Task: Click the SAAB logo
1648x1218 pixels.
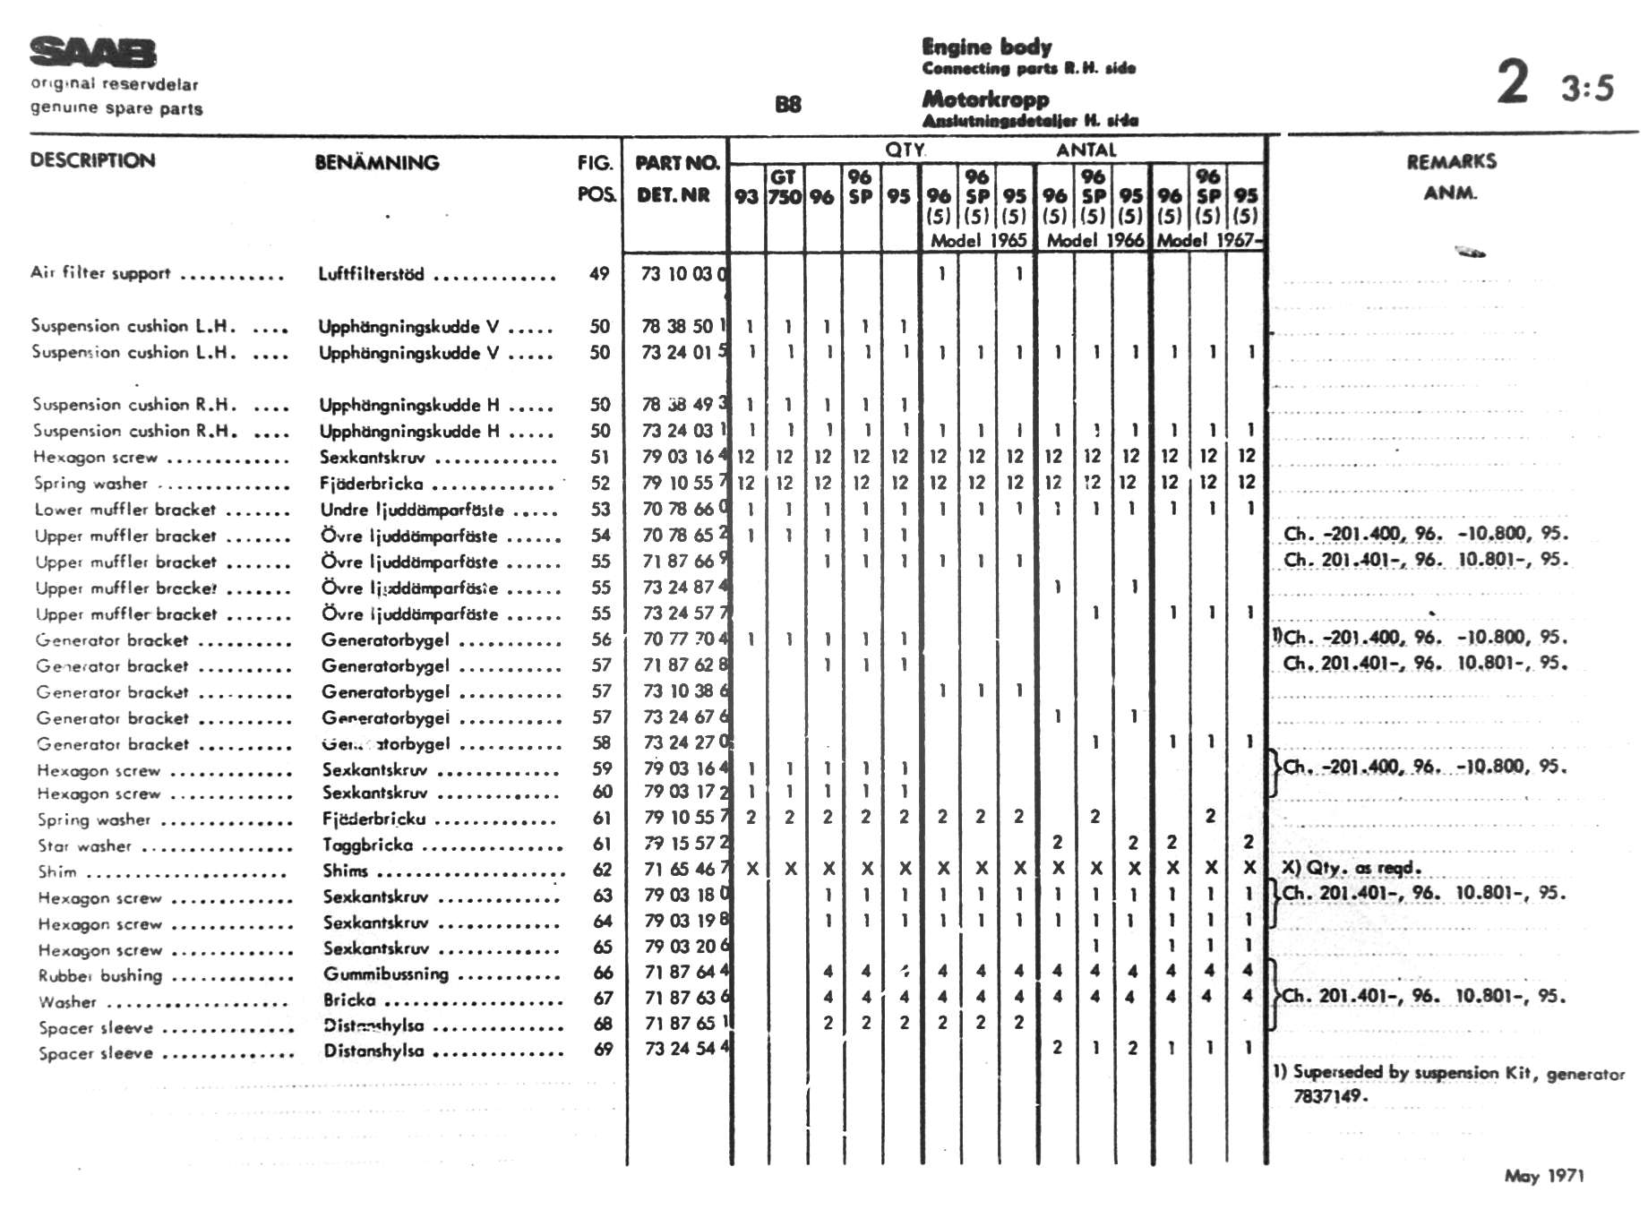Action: tap(92, 52)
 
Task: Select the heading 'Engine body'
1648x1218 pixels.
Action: tap(986, 47)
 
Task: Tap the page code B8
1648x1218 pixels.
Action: tap(787, 105)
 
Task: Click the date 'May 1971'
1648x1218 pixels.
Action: tap(1544, 1176)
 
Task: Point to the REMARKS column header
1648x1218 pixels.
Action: tap(1451, 162)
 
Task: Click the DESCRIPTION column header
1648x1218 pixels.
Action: tap(92, 161)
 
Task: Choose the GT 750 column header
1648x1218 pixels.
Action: tap(785, 187)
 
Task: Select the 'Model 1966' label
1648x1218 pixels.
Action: tap(1094, 240)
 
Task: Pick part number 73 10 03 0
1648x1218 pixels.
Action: tap(684, 274)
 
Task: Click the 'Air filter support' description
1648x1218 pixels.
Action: tap(100, 272)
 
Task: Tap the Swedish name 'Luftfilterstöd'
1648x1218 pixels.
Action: tap(371, 274)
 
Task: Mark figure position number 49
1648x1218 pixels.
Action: tap(599, 274)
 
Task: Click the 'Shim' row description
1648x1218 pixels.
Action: tap(57, 871)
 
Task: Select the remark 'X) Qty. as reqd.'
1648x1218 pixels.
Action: tap(1351, 867)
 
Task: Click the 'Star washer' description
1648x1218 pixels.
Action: tap(84, 845)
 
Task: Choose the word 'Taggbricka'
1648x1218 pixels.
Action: tap(367, 845)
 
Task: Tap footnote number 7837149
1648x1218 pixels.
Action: tap(1328, 1095)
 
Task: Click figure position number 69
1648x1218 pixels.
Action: tap(603, 1049)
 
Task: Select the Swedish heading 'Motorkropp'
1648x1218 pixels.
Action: tap(985, 99)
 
